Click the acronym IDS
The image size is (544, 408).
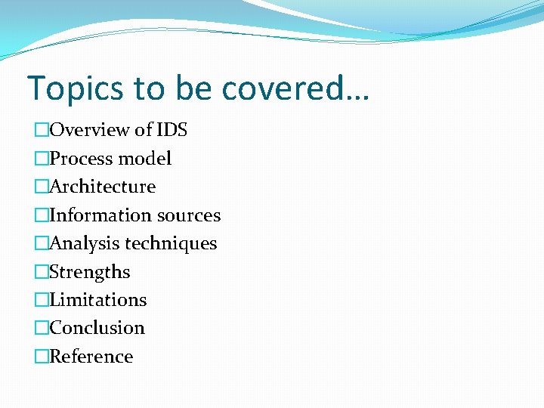(x=172, y=130)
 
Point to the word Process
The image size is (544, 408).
(x=79, y=159)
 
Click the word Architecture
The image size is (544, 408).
(x=102, y=187)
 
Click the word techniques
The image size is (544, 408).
(x=171, y=243)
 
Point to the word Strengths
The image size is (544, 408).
(x=89, y=272)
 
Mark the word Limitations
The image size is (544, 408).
(x=97, y=300)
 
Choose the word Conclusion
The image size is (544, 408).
(x=97, y=328)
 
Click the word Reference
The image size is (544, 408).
(x=91, y=357)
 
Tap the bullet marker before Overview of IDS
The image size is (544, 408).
(x=41, y=131)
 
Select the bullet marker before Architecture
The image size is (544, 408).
(x=41, y=187)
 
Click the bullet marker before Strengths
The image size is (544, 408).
(x=41, y=272)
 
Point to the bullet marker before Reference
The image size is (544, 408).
(x=41, y=357)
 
